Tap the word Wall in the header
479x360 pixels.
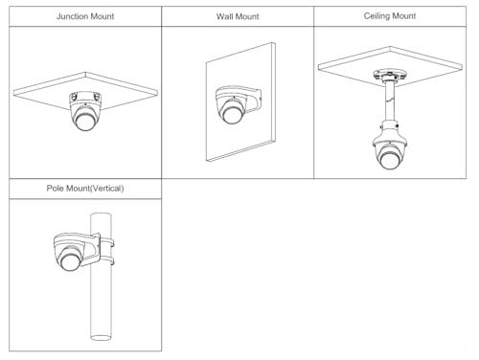(x=223, y=16)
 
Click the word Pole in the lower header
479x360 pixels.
(x=55, y=188)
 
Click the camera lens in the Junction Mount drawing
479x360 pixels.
(x=85, y=122)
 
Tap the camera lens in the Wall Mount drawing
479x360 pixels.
(x=232, y=114)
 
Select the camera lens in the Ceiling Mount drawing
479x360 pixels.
(x=389, y=160)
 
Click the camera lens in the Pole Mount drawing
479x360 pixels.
(x=71, y=261)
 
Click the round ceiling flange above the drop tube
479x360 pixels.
(x=390, y=76)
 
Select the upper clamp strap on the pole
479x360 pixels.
(x=107, y=242)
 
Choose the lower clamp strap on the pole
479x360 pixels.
(x=107, y=261)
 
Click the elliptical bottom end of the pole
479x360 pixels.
(x=101, y=337)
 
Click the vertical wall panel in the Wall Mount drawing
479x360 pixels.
(x=240, y=102)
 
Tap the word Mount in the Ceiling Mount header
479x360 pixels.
(x=404, y=16)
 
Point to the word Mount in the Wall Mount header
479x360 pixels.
(x=246, y=16)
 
